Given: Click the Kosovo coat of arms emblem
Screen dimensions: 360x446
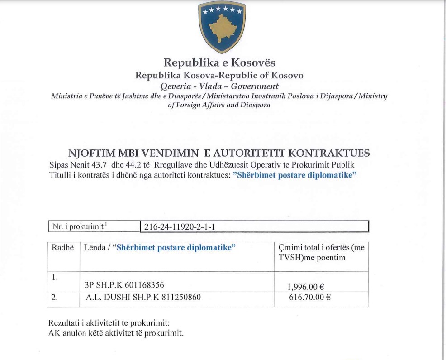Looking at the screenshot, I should (222, 27).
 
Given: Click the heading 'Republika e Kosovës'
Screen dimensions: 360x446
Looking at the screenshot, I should (219, 62).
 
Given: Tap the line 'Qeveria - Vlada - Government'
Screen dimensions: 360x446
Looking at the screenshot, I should (220, 86).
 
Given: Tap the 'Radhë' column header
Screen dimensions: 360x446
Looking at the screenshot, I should (63, 248).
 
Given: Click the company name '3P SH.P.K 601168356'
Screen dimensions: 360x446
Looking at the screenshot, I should (124, 285).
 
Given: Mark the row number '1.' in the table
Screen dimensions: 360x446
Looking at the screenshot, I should (54, 277).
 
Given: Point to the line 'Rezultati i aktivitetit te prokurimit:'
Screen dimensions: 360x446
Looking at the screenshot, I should (109, 324).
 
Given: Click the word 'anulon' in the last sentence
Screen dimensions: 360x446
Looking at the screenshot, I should (73, 334).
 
